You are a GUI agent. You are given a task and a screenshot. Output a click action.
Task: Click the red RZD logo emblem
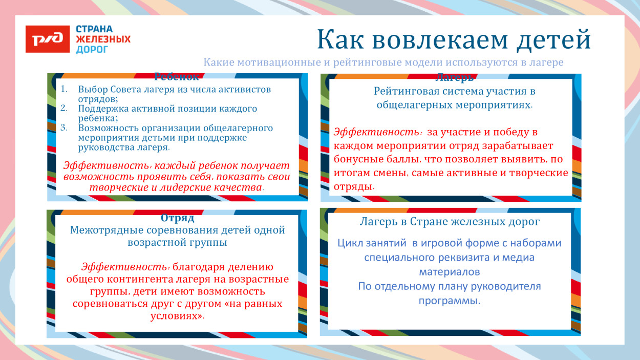[x=48, y=39]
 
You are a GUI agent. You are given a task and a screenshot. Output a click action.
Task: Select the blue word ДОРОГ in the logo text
[x=92, y=50]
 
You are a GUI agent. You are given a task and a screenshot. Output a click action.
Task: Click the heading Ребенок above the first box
[x=176, y=77]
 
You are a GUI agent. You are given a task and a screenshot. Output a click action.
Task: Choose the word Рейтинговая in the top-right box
[x=403, y=92]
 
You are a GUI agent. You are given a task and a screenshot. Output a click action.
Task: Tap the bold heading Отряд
[x=177, y=218]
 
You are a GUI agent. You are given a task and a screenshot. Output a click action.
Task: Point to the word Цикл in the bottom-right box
[x=349, y=243]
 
